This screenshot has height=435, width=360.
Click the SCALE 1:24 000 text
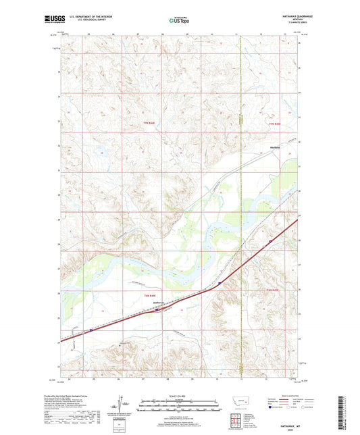click(x=180, y=395)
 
